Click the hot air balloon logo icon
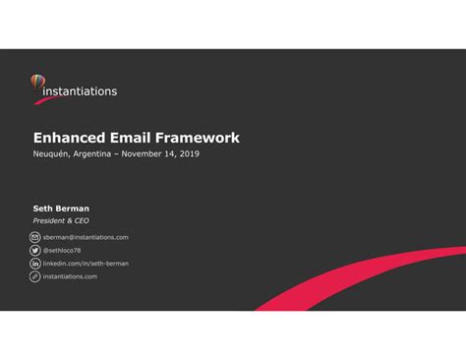point(37,85)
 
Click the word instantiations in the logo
point(81,91)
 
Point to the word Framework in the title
point(201,139)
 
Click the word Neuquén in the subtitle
point(51,155)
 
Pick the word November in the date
point(147,155)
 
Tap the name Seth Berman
point(61,209)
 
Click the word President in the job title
point(51,221)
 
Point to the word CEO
point(81,221)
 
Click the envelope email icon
point(35,238)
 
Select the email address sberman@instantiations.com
point(86,238)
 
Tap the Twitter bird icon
point(35,251)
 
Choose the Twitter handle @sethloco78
point(62,251)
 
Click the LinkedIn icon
point(35,264)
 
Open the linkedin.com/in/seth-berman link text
point(86,264)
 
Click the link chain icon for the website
point(35,277)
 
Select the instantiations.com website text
point(70,277)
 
